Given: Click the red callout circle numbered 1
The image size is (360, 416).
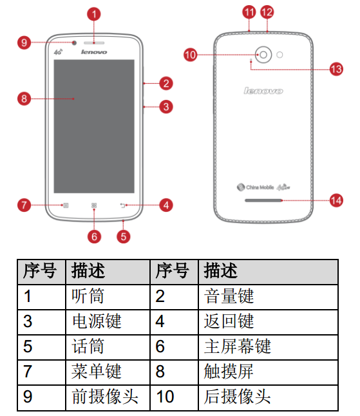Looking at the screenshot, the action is point(94,14).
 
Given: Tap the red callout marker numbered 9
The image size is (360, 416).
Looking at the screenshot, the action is point(24,43).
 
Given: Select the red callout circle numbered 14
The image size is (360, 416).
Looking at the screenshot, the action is point(336,200).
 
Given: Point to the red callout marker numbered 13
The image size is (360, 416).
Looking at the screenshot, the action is point(336,70).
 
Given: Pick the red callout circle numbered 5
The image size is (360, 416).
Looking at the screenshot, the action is point(124,236).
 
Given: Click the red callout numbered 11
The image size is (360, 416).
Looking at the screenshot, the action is point(249,12).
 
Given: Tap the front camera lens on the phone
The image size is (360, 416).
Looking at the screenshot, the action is point(74,43).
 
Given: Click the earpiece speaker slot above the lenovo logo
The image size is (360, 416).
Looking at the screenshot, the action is point(94,43).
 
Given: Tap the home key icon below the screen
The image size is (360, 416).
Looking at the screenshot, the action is point(94,205).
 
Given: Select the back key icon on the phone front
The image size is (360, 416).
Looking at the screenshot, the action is point(122,205).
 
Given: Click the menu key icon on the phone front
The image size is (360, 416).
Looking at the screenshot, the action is point(66,205).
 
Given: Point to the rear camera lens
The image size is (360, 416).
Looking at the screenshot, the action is point(263,55).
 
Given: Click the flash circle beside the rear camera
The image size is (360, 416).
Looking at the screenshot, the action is point(279,55).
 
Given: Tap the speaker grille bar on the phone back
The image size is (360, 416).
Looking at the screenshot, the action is point(263,200).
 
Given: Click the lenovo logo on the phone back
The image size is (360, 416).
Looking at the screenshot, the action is point(263,91).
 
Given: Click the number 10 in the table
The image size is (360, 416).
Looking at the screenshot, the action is point(166,397).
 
